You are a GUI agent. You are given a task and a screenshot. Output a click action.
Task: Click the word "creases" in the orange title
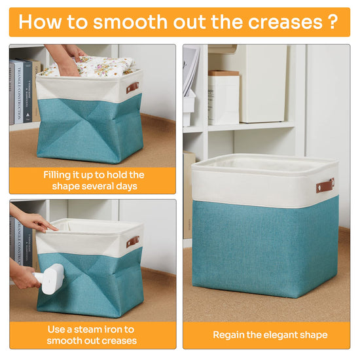[x=285, y=22]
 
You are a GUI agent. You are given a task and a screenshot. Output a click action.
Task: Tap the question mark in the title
[x=333, y=22]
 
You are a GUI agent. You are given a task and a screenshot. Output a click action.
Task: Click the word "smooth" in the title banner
[x=130, y=22]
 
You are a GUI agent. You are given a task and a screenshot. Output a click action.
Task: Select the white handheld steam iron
[x=49, y=279]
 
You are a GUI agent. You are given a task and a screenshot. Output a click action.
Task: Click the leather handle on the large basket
[x=325, y=185]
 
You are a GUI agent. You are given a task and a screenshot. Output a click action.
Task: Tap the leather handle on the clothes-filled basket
[x=132, y=88]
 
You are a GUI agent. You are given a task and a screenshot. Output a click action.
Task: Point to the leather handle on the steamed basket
[x=133, y=242]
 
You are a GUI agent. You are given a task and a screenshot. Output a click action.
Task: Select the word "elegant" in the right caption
[x=282, y=335]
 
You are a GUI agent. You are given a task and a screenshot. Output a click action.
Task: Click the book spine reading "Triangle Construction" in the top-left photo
[x=19, y=92]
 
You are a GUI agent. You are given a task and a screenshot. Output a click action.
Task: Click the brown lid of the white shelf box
[x=224, y=73]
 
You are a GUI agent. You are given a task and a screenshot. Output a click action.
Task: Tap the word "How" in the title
[x=40, y=22]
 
